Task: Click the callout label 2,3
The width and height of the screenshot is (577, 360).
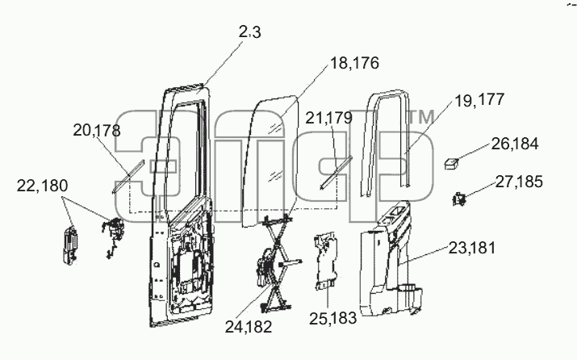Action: point(249,32)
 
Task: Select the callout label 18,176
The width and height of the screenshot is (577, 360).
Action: point(354,63)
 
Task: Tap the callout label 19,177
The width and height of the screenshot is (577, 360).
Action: point(479,100)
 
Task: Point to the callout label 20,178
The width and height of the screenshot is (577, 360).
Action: point(96,130)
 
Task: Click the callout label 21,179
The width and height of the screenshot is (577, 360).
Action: point(329,118)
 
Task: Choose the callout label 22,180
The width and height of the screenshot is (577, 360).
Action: point(42,186)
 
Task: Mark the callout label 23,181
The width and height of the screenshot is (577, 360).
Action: point(472,248)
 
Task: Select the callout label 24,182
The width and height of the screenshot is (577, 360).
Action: point(249,327)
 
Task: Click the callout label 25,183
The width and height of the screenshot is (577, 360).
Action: point(332,318)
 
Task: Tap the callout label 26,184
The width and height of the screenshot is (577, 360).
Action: point(515,144)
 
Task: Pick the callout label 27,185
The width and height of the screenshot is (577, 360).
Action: point(519,182)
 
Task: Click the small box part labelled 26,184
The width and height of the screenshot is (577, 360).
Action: point(452,164)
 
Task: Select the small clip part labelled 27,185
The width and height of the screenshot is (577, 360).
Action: point(459,199)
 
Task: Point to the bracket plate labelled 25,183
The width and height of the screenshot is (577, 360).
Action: point(325,262)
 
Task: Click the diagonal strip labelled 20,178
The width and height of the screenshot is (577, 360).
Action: point(128,176)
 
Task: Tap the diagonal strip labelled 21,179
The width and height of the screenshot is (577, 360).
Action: point(336,172)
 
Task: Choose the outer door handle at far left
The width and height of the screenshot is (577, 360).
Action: point(70,245)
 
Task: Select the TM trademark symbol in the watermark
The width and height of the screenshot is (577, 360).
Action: point(421,117)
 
